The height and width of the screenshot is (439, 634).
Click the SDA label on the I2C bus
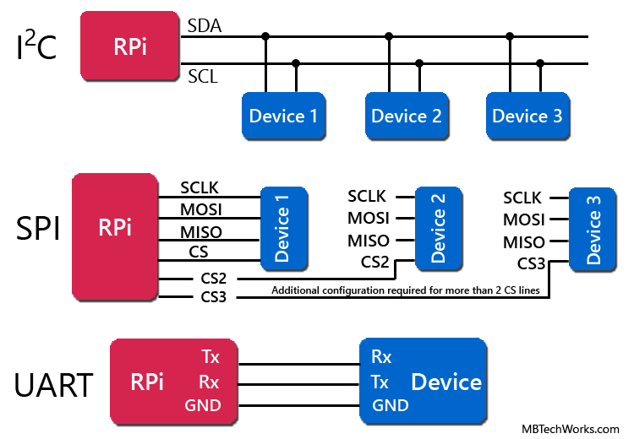click(204, 26)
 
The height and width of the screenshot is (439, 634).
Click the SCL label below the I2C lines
click(202, 77)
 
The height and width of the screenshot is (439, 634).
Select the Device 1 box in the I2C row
click(283, 116)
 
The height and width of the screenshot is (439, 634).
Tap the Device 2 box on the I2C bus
click(407, 116)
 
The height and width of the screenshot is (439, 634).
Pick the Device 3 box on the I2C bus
click(527, 116)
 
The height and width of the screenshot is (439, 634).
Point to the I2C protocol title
click(36, 49)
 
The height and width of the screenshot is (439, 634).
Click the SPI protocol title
click(38, 229)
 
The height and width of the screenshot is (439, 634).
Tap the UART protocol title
click(52, 385)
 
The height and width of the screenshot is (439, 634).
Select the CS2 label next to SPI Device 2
click(374, 262)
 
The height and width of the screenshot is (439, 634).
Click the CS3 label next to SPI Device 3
click(531, 263)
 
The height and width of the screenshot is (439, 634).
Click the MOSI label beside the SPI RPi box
click(201, 209)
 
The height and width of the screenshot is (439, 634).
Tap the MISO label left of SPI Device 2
click(369, 241)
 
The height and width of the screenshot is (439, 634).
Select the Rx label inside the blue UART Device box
click(381, 357)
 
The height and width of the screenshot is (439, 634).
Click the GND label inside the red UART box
click(202, 406)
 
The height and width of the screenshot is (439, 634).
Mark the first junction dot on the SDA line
click(265, 36)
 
